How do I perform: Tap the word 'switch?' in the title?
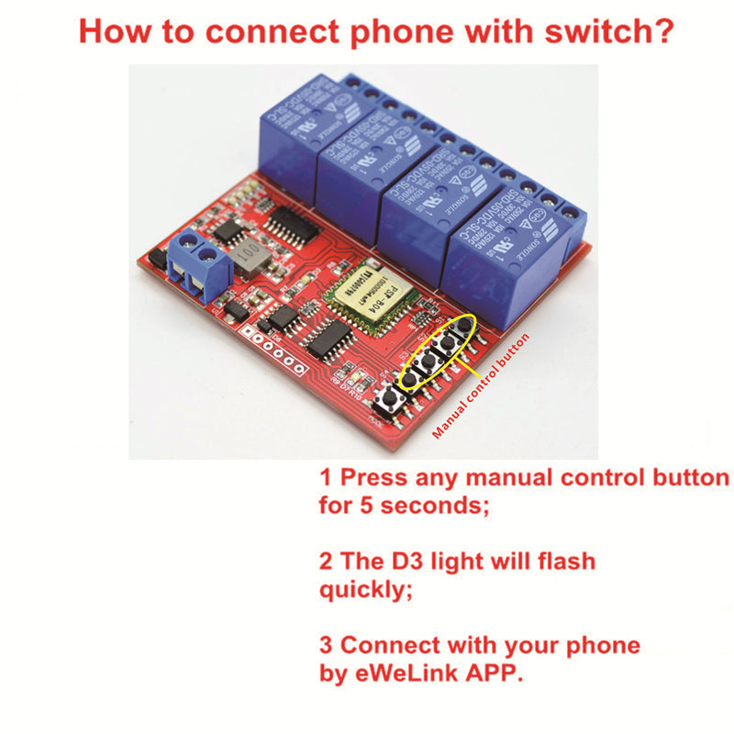pyautogui.click(x=600, y=31)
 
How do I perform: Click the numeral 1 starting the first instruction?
pyautogui.click(x=325, y=479)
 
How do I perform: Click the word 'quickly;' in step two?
pyautogui.click(x=361, y=590)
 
